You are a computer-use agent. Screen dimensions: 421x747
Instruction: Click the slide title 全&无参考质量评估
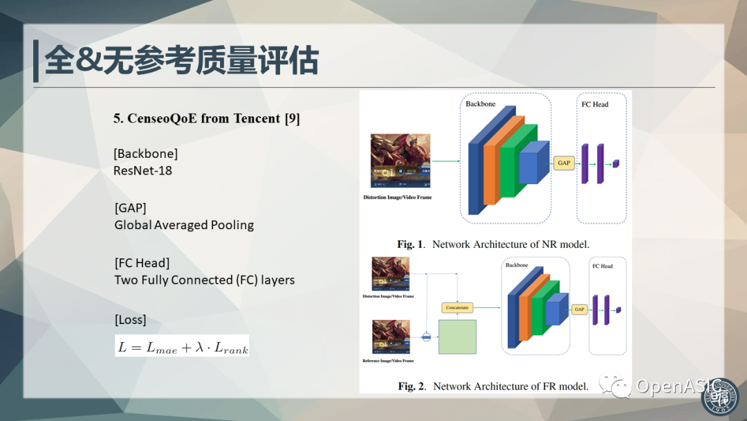[x=181, y=61]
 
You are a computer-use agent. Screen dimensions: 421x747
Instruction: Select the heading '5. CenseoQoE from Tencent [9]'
[x=206, y=118]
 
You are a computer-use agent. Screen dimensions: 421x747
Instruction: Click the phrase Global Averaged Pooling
[x=184, y=225]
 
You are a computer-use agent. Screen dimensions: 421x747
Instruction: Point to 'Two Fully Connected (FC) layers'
[x=204, y=280]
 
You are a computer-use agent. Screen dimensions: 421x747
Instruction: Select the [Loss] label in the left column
[x=130, y=320]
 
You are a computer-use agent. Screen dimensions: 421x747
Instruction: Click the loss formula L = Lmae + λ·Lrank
[x=182, y=346]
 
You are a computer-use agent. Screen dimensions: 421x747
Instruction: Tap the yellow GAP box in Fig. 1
[x=564, y=163]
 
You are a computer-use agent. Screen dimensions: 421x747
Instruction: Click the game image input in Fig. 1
[x=400, y=161]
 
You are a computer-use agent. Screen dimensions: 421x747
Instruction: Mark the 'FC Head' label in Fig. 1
[x=595, y=105]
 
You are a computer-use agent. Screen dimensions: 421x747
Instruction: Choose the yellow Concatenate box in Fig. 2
[x=457, y=307]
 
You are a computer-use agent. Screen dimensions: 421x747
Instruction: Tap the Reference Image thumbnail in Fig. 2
[x=391, y=337]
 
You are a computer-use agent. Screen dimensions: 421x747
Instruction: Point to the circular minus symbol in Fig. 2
[x=427, y=337]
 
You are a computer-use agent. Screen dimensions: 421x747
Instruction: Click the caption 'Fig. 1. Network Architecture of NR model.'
[x=493, y=244]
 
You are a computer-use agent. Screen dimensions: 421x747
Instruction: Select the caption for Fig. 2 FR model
[x=493, y=386]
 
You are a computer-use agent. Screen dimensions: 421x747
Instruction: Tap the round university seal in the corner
[x=721, y=396]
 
